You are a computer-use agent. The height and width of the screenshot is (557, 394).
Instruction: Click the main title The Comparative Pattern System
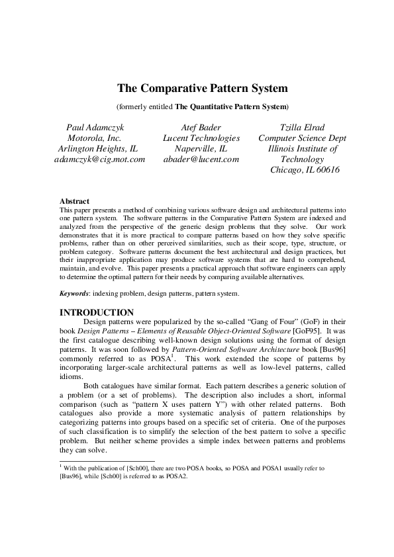tap(202, 87)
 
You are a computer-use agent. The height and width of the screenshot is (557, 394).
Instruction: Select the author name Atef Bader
tap(201, 127)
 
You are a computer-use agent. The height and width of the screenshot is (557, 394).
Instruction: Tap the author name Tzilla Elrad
tap(301, 127)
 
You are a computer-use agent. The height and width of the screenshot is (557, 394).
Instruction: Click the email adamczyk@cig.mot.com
tap(99, 159)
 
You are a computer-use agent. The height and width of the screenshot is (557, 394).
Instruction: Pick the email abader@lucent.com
tap(201, 159)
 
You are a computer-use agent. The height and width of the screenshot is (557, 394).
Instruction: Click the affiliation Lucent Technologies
tap(201, 138)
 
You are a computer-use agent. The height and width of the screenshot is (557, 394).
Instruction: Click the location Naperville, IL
tap(201, 148)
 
